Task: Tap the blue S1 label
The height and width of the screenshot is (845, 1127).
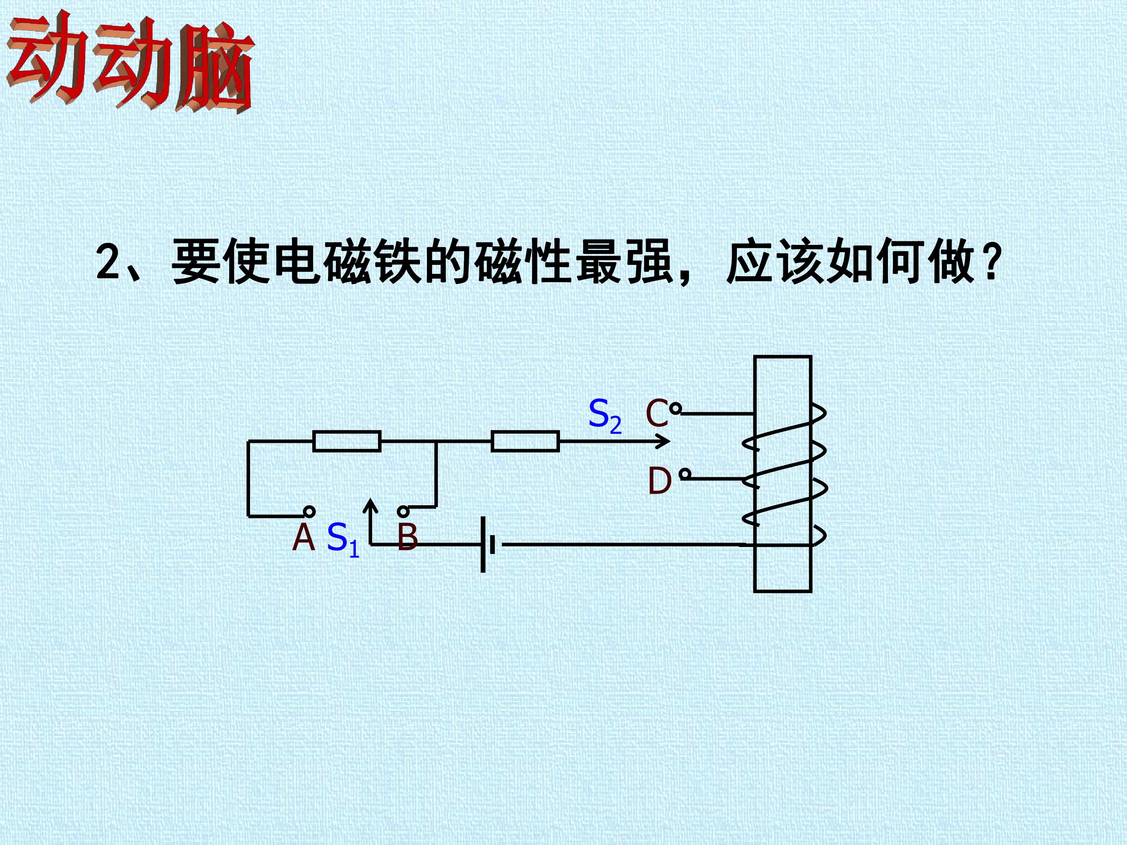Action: (343, 539)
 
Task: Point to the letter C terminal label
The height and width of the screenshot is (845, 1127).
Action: (657, 413)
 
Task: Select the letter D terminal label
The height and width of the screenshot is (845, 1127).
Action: (659, 481)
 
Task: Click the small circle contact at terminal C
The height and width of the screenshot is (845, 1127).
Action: (675, 408)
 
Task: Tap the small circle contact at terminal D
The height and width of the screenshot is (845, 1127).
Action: (685, 475)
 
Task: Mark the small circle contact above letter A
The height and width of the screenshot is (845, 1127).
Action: (309, 511)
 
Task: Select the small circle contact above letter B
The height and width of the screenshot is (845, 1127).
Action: (403, 511)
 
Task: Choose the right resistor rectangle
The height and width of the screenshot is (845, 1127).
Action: (525, 441)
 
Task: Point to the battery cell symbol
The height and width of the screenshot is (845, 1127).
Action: (488, 545)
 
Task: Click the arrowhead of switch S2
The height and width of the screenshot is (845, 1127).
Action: (664, 441)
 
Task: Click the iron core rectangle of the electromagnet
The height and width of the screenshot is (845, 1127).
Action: (783, 474)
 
